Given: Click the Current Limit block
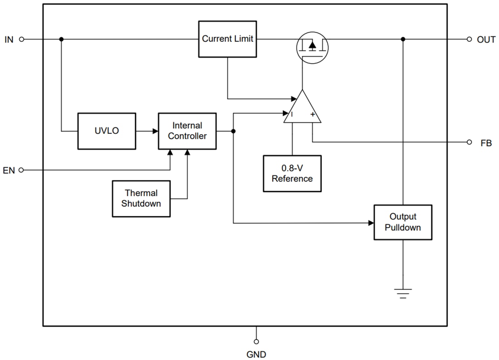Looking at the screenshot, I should tap(227, 39).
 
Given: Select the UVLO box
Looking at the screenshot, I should tap(107, 131).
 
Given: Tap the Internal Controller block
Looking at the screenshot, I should tap(187, 131).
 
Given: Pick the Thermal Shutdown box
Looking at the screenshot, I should tap(141, 199).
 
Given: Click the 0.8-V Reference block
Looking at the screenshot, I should tap(292, 174).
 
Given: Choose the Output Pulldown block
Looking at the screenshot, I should tap(403, 222).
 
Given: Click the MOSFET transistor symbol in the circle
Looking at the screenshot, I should tap(312, 46).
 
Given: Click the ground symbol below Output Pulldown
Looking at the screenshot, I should tap(403, 294).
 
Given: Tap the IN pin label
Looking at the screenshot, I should tap(9, 39).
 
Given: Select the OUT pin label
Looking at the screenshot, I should tap(486, 39).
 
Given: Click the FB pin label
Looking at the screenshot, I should tap(486, 143).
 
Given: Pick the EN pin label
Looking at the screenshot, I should tap(9, 170).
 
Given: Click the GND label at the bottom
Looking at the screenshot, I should tap(257, 354).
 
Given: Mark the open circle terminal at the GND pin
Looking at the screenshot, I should tap(257, 341).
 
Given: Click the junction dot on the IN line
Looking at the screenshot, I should tap(61, 39).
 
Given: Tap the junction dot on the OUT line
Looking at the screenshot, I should tap(403, 39).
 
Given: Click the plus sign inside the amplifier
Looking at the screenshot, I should tap(313, 115).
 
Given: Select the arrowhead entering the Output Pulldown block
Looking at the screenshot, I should tap(371, 223).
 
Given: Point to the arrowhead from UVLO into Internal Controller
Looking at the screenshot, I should tap(155, 131).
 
